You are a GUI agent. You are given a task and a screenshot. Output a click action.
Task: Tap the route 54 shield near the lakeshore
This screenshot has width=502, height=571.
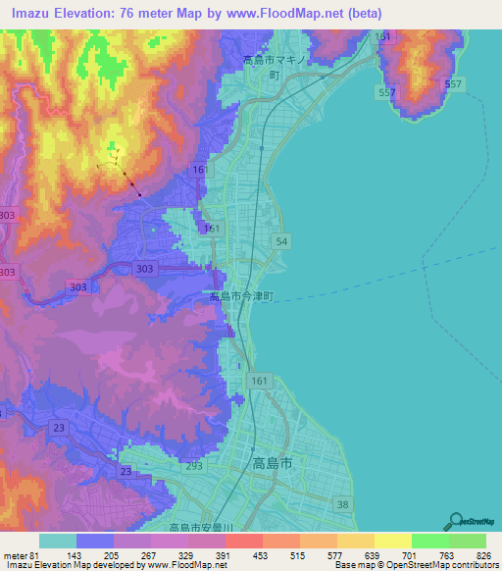pyautogui.click(x=282, y=241)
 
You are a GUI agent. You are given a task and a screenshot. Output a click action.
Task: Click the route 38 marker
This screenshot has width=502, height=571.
pyautogui.click(x=341, y=504)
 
